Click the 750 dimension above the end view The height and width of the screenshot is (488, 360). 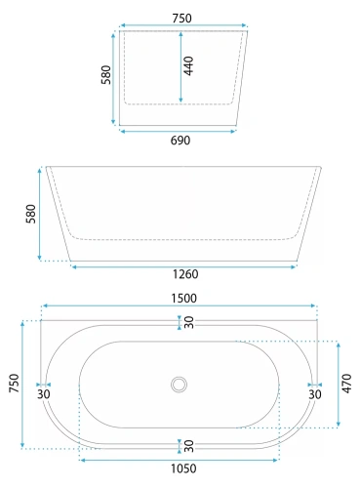[x=181, y=19]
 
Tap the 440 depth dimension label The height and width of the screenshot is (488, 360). [x=188, y=66]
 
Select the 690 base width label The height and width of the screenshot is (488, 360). [x=180, y=141]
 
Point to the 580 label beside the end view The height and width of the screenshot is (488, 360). [x=106, y=75]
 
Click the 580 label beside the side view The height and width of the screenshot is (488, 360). [x=31, y=214]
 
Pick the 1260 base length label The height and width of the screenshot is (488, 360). [x=185, y=274]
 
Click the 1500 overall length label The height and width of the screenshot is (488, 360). [x=183, y=299]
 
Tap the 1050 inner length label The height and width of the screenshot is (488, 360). [x=183, y=468]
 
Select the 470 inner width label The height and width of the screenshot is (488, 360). [x=347, y=384]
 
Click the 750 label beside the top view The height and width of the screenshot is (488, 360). [x=14, y=383]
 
